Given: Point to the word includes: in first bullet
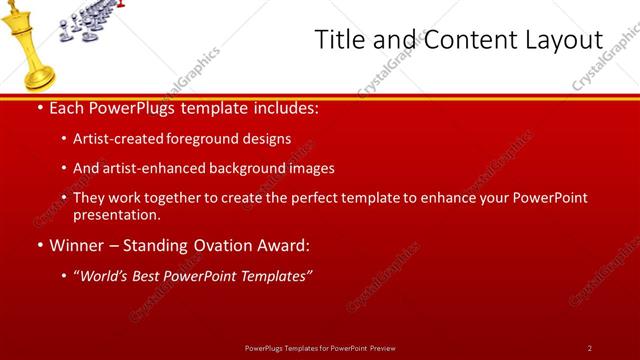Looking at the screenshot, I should click(281, 107).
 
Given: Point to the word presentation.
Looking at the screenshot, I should click(116, 214).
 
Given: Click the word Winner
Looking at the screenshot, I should click(75, 245).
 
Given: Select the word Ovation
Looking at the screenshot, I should click(209, 245).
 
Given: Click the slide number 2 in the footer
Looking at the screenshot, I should click(590, 347).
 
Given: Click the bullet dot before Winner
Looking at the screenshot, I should click(39, 245).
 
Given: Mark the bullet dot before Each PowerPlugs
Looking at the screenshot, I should click(39, 107).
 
